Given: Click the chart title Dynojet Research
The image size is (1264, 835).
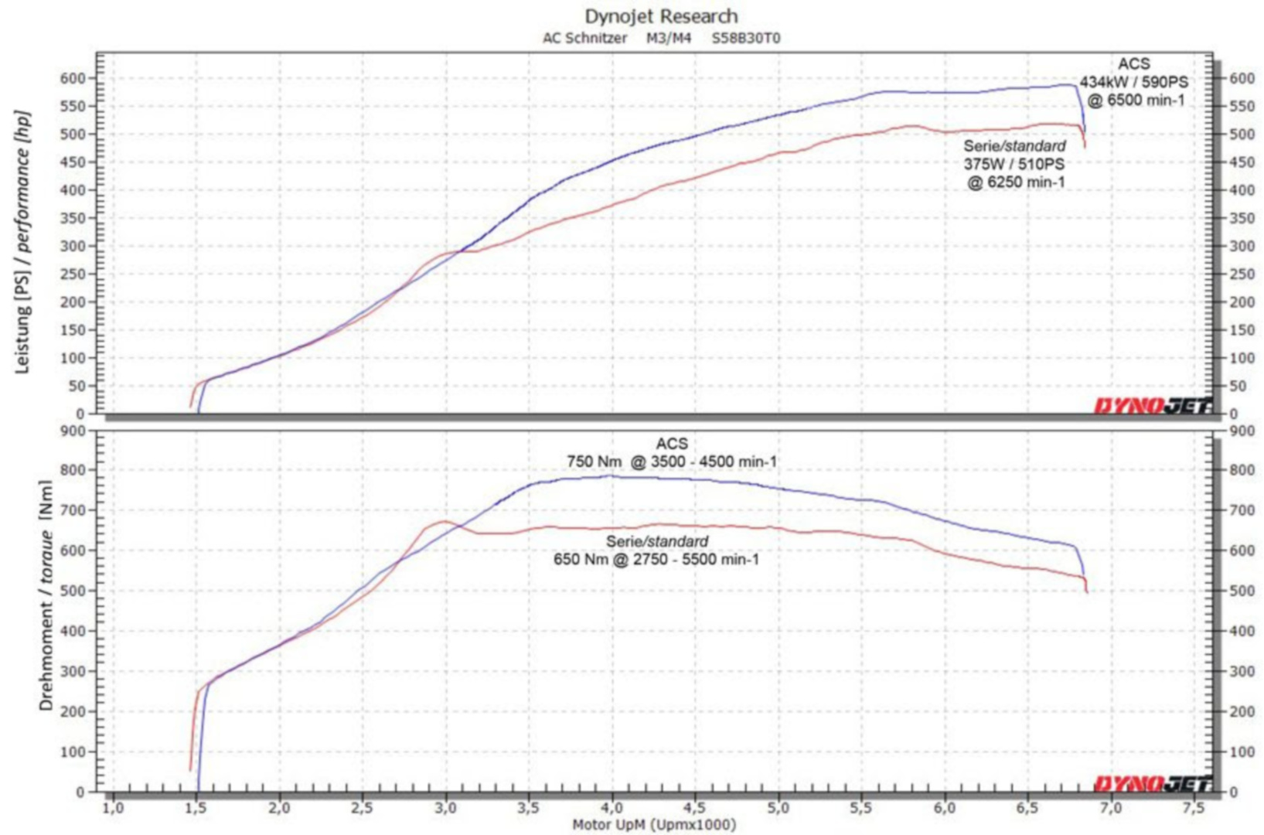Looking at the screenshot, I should pyautogui.click(x=661, y=16).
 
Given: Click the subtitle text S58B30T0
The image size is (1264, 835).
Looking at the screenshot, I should pyautogui.click(x=746, y=38).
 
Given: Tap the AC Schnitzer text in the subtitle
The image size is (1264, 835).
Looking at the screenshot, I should pyautogui.click(x=584, y=38).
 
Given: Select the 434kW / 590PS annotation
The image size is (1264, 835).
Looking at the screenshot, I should pyautogui.click(x=1133, y=82).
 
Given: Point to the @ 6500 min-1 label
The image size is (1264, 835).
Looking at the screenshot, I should pyautogui.click(x=1136, y=100).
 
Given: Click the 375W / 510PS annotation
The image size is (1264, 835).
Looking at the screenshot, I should pyautogui.click(x=1014, y=164).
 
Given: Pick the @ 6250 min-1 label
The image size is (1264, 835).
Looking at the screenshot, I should pyautogui.click(x=1016, y=182).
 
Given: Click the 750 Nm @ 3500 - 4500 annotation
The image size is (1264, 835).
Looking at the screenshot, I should pyautogui.click(x=672, y=462).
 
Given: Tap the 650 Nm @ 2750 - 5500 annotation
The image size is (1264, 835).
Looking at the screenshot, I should pyautogui.click(x=656, y=559).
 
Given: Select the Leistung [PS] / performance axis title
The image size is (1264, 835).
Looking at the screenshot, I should pyautogui.click(x=22, y=242).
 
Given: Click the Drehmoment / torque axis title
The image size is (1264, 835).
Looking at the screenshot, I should pyautogui.click(x=46, y=595).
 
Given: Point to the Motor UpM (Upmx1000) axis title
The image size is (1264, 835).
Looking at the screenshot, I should pyautogui.click(x=654, y=825).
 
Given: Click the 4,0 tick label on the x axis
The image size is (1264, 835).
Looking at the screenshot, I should pyautogui.click(x=612, y=809).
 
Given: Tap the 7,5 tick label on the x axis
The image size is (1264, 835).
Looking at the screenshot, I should pyautogui.click(x=1194, y=809).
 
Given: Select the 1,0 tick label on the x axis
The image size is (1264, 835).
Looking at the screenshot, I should pyautogui.click(x=113, y=809).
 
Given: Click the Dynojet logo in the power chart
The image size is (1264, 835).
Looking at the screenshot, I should pyautogui.click(x=1152, y=405).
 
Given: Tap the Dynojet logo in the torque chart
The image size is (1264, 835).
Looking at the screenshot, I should pyautogui.click(x=1152, y=784).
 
